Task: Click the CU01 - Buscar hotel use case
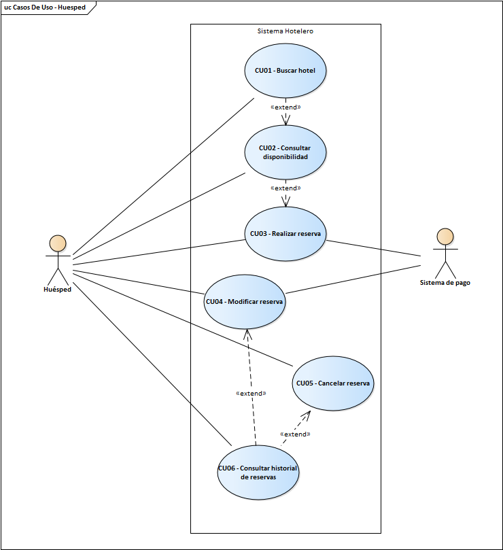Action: [x=285, y=70]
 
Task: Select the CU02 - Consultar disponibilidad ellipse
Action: [x=285, y=152]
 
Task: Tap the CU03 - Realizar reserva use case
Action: [x=285, y=233]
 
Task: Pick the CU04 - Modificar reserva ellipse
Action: [x=245, y=301]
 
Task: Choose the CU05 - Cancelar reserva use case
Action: [x=333, y=383]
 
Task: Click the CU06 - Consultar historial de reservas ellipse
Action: [x=258, y=472]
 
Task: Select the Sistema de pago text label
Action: [x=445, y=283]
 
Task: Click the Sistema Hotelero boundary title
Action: [x=285, y=31]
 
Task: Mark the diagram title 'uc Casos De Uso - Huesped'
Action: [x=47, y=7]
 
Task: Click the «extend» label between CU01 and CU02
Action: [x=285, y=107]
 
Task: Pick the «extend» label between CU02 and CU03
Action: [x=285, y=188]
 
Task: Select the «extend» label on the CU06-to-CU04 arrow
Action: [x=250, y=393]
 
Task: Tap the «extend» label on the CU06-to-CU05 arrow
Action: [x=295, y=434]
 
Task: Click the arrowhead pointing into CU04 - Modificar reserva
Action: [x=247, y=332]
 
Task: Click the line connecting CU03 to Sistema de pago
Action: [x=374, y=247]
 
